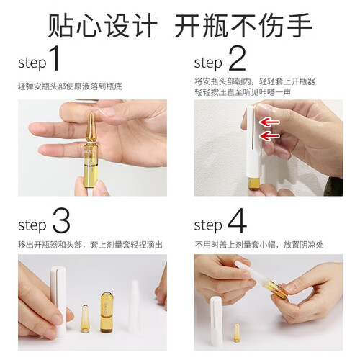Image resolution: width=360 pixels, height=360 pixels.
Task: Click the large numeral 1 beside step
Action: point(55,58)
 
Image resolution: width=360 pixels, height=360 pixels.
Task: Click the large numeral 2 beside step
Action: point(237,58)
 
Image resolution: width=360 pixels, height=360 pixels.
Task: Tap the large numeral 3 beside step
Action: point(61,220)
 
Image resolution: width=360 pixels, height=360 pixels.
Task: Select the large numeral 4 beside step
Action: point(237,220)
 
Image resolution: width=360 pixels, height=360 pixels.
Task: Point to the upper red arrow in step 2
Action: point(269,122)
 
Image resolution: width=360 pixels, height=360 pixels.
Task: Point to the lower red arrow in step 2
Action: point(269,136)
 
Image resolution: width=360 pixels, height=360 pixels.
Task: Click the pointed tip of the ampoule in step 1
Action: point(91,114)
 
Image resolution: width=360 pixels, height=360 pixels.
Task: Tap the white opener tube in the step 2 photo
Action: point(254,143)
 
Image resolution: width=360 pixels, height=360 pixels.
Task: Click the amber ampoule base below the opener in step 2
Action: point(254,184)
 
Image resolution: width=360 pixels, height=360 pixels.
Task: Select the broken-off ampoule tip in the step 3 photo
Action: point(85,318)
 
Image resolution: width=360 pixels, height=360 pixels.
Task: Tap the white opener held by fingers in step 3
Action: point(58,300)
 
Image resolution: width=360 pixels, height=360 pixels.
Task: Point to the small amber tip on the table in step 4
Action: point(237,333)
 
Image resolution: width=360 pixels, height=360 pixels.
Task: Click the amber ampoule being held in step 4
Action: point(279,289)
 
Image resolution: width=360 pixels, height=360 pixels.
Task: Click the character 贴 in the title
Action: point(60,25)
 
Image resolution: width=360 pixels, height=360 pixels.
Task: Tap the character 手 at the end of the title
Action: point(298,25)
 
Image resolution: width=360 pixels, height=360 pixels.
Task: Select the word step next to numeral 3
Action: point(32,225)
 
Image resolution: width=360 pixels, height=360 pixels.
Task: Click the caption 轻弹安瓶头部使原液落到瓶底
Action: point(70,86)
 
